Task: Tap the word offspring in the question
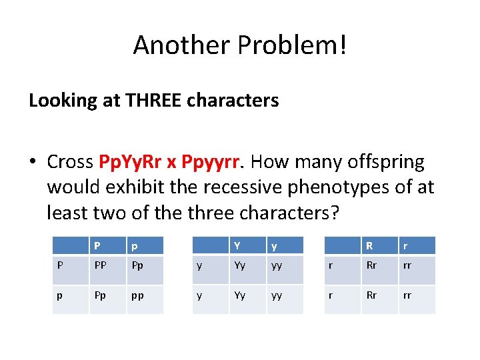pyautogui.click(x=389, y=162)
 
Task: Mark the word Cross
pyautogui.click(x=71, y=162)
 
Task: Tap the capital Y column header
pyautogui.click(x=237, y=245)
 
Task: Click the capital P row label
pyautogui.click(x=61, y=265)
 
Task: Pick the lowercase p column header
pyautogui.click(x=134, y=246)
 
